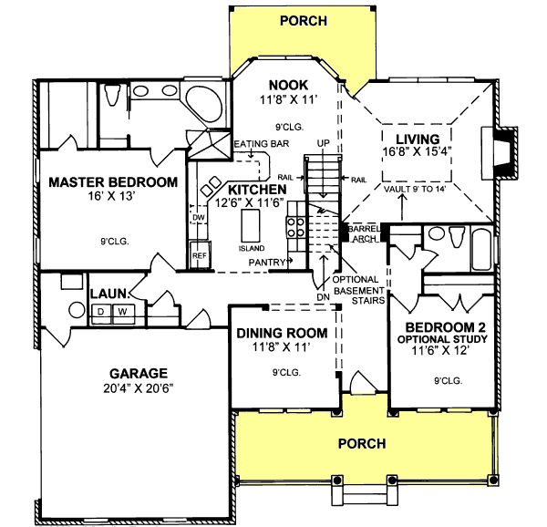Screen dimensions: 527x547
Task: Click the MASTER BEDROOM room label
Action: tap(112, 181)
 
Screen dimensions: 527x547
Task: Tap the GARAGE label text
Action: tap(139, 372)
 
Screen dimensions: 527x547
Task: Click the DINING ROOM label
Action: tap(282, 333)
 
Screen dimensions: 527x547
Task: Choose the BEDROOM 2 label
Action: tap(443, 328)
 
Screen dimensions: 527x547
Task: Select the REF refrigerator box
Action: tap(198, 256)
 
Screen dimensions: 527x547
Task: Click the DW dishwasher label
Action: tap(198, 218)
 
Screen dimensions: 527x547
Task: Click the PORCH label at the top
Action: tap(303, 20)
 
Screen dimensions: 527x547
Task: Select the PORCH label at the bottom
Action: tap(362, 443)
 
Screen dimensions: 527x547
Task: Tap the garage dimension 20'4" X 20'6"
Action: tap(139, 387)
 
